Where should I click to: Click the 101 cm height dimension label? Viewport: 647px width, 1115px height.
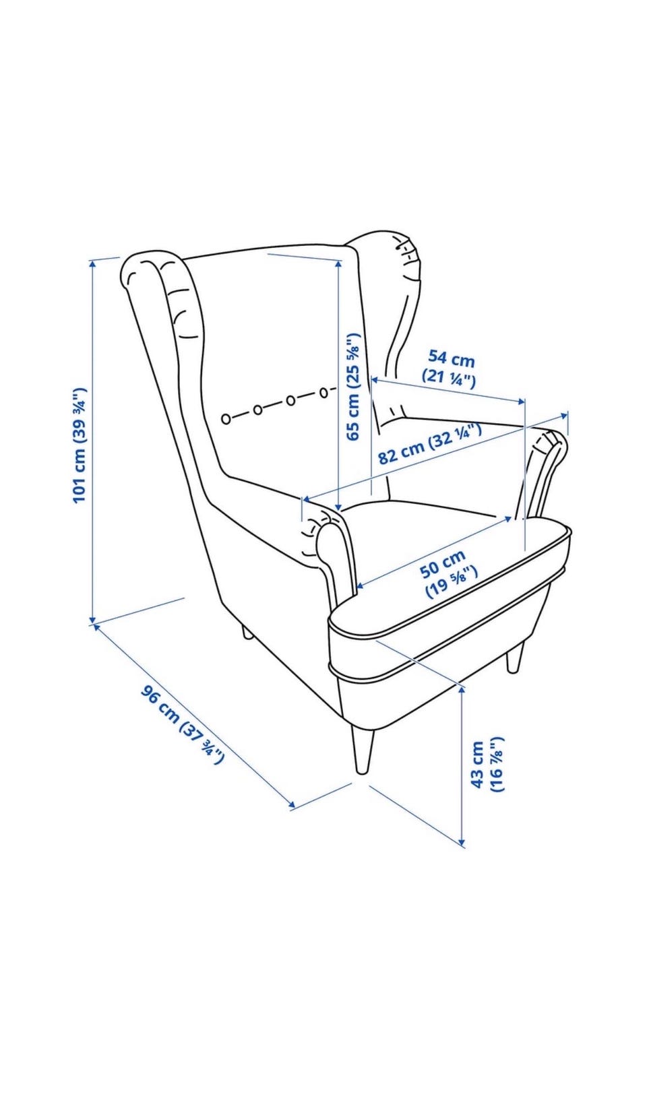pyautogui.click(x=80, y=445)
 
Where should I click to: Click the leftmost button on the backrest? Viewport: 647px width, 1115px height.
pyautogui.click(x=226, y=418)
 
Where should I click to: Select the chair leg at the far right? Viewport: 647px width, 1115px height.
pyautogui.click(x=515, y=657)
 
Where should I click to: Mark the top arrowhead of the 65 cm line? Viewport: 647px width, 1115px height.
pyautogui.click(x=339, y=265)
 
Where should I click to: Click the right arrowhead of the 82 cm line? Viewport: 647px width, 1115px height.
pyautogui.click(x=563, y=414)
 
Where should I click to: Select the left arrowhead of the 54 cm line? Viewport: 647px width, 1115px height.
pyautogui.click(x=375, y=380)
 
